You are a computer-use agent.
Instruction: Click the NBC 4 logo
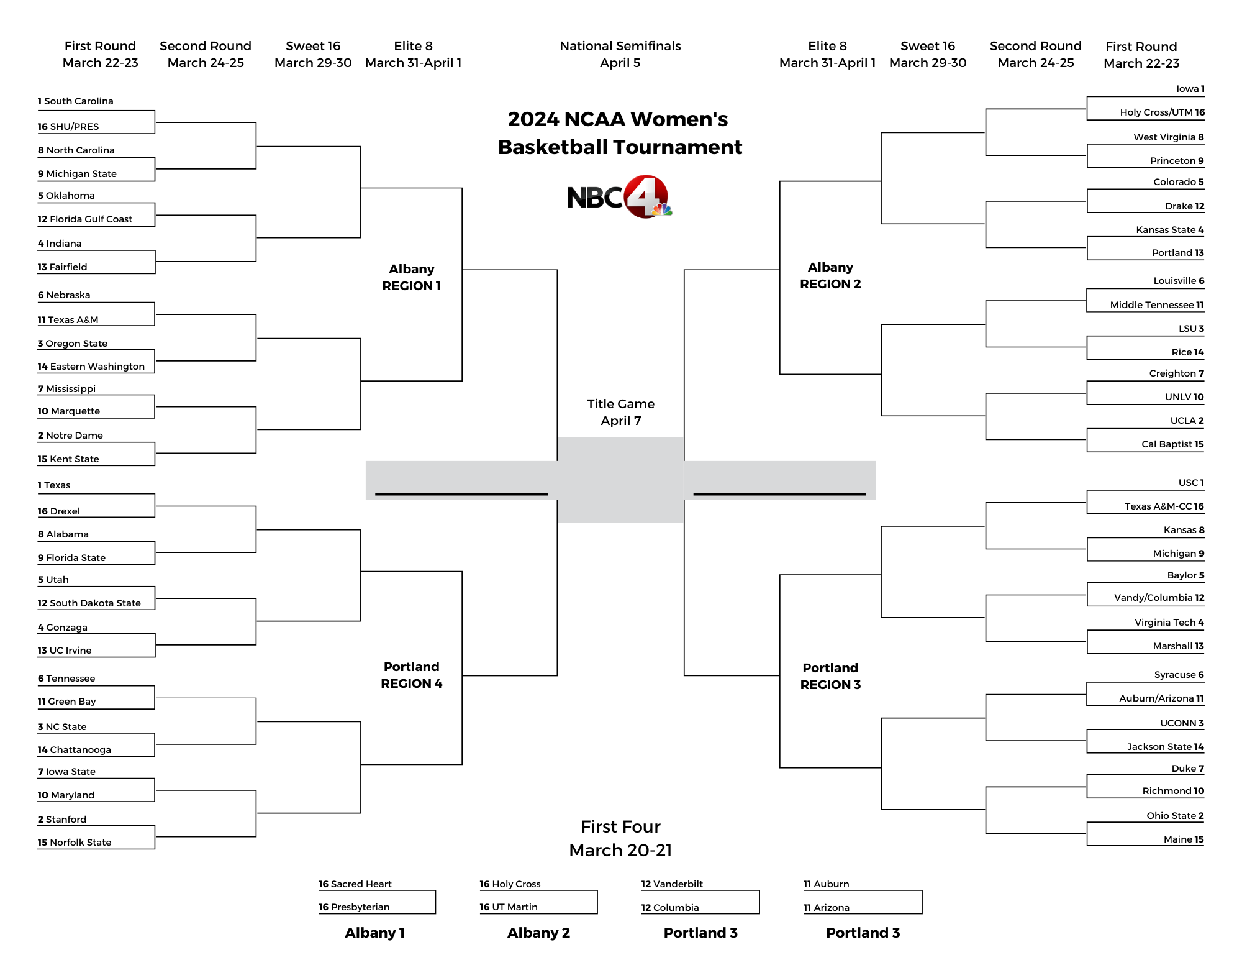pos(619,197)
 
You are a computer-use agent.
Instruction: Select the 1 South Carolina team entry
pos(76,101)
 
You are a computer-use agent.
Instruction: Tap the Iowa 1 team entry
pos(1190,89)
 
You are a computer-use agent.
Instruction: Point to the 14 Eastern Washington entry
pos(91,367)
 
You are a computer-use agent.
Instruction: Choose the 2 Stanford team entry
pos(62,819)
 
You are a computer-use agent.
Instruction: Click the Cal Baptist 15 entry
pos(1172,444)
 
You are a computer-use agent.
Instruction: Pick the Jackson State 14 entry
pos(1165,747)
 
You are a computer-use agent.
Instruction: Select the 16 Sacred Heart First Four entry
pos(355,884)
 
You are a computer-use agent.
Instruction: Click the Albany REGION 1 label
pos(411,277)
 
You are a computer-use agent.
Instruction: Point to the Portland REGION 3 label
pos(830,676)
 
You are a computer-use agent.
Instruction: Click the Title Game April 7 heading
pos(620,412)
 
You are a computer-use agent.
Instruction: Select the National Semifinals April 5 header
pos(620,54)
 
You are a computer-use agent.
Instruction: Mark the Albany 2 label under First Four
pos(538,933)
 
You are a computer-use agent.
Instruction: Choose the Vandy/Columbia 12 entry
pos(1159,598)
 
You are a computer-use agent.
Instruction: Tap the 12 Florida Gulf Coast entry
pos(85,219)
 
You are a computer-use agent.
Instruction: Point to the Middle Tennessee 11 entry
pos(1157,305)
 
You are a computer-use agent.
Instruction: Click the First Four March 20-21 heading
pos(620,838)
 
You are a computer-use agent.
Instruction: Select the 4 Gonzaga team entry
pos(63,628)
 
